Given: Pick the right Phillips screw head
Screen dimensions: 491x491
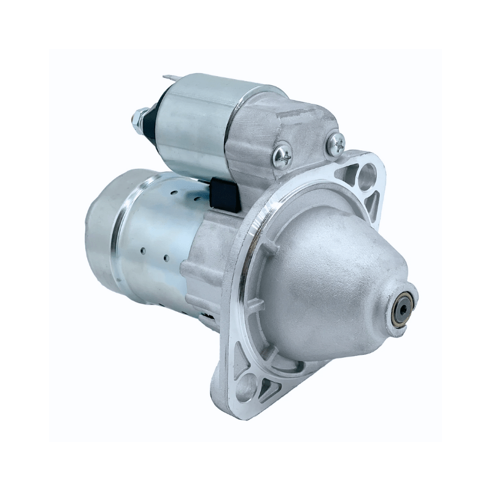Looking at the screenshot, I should click(336, 144).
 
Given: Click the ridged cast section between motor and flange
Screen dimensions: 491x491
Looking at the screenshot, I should click(203, 270).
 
